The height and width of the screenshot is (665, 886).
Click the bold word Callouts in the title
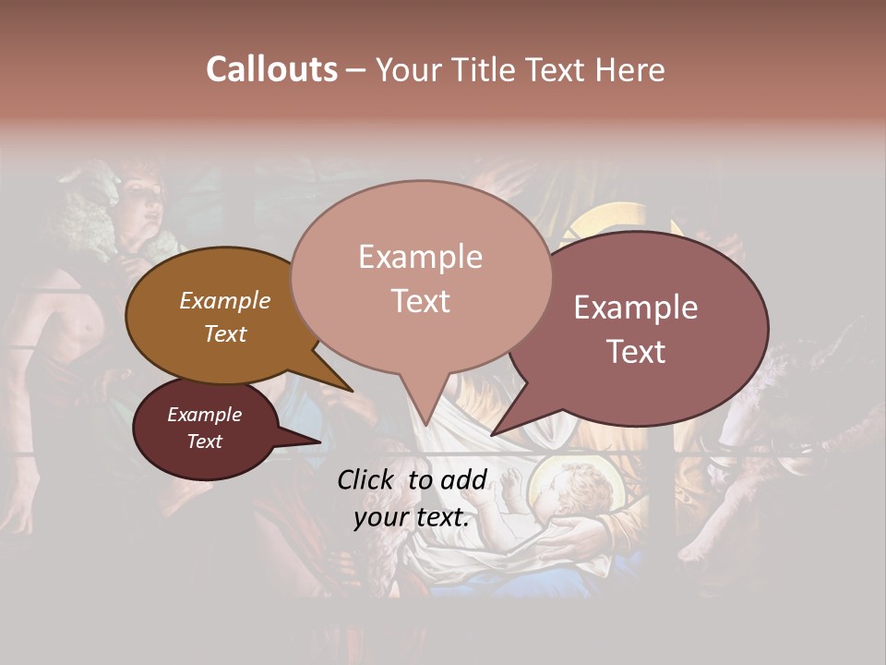pos(271,69)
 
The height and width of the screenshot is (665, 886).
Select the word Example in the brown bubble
pos(224,300)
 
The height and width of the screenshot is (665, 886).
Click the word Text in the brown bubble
pos(224,333)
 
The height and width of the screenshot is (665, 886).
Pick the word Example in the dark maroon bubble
pos(204,415)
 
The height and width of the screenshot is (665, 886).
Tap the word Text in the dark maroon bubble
pos(204,441)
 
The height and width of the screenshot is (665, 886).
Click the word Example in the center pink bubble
pos(420,257)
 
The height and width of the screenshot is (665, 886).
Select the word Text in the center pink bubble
pos(420,301)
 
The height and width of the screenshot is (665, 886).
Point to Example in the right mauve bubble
pos(636,308)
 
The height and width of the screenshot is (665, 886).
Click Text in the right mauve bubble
pos(636,352)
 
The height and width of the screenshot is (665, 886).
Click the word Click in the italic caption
pos(367,479)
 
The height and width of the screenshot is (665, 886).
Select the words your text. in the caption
pos(412,517)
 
